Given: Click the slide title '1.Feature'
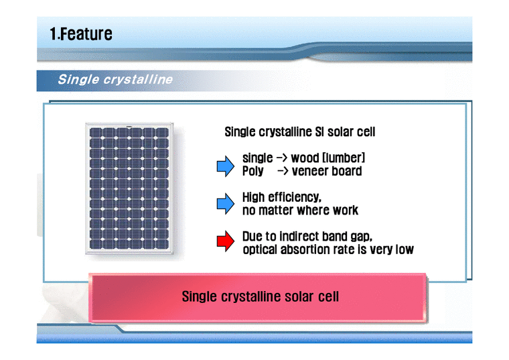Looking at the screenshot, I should [x=81, y=34].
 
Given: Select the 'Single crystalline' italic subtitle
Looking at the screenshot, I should [x=115, y=80].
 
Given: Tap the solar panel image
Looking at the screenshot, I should [x=130, y=189].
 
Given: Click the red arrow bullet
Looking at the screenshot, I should [x=226, y=243].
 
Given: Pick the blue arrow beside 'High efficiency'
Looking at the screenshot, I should [x=226, y=204].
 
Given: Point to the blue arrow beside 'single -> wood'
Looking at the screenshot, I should [x=226, y=165].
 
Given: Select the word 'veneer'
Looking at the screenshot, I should [x=313, y=172].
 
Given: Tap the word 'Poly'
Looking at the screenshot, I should [x=253, y=172].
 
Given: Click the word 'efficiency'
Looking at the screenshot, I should [x=295, y=198].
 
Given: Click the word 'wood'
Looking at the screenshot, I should [x=305, y=158].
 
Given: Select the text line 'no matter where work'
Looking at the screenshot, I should [x=300, y=211].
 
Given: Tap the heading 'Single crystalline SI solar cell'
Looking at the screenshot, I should [x=299, y=132].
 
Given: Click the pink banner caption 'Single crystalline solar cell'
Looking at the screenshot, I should [x=260, y=296].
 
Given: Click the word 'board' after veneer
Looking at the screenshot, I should [x=347, y=172].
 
